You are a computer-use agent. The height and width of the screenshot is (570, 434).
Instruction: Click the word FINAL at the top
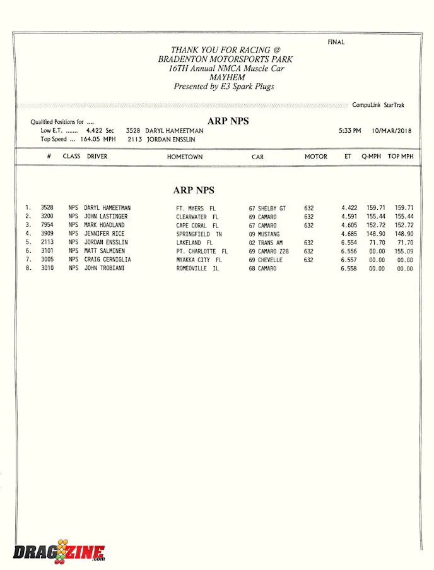(x=336, y=42)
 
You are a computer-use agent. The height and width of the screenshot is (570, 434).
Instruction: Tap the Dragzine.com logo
(x=59, y=552)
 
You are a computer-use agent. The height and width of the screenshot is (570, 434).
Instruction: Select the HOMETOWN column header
(x=185, y=157)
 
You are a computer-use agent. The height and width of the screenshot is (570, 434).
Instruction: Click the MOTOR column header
(x=316, y=157)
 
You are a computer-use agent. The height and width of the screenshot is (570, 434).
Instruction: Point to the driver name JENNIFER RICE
(x=104, y=234)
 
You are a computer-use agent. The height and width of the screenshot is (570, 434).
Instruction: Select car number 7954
(x=47, y=225)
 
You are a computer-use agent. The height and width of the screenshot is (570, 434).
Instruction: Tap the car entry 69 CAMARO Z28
(x=269, y=251)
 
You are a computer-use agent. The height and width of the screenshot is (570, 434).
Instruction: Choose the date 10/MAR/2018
(x=391, y=131)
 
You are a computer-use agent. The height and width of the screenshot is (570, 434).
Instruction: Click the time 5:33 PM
(x=349, y=131)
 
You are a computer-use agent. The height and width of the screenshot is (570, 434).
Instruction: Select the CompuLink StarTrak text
(x=378, y=105)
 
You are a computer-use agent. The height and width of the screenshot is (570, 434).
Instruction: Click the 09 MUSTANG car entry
(x=264, y=234)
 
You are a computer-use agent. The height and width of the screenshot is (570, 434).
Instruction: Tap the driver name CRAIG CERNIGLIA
(x=108, y=260)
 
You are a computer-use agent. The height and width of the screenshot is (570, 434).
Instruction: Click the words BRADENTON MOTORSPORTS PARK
(x=225, y=59)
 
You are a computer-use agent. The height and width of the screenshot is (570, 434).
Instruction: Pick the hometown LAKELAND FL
(x=194, y=243)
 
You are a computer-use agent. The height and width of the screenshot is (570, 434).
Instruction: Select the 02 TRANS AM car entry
(x=265, y=243)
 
